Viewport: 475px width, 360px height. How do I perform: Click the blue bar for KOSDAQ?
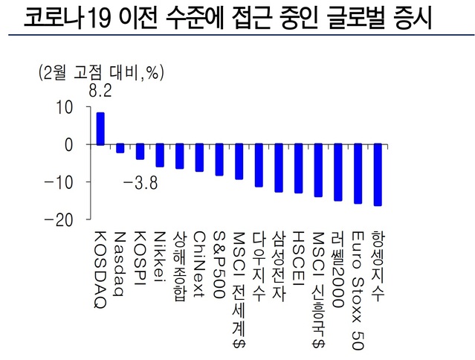[100, 129]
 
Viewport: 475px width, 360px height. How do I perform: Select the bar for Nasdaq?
[120, 148]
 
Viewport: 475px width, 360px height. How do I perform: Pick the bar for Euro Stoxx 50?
[358, 173]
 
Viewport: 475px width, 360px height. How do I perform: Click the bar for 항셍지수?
[378, 175]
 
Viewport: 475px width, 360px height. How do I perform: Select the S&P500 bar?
[219, 160]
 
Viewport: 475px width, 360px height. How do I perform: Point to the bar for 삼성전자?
[279, 168]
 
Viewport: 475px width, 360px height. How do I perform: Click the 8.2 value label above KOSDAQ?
[100, 92]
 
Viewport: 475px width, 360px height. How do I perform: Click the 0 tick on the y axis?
[68, 144]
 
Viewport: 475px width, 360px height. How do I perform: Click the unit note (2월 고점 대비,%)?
[100, 73]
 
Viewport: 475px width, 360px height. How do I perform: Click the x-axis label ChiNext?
[198, 265]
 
